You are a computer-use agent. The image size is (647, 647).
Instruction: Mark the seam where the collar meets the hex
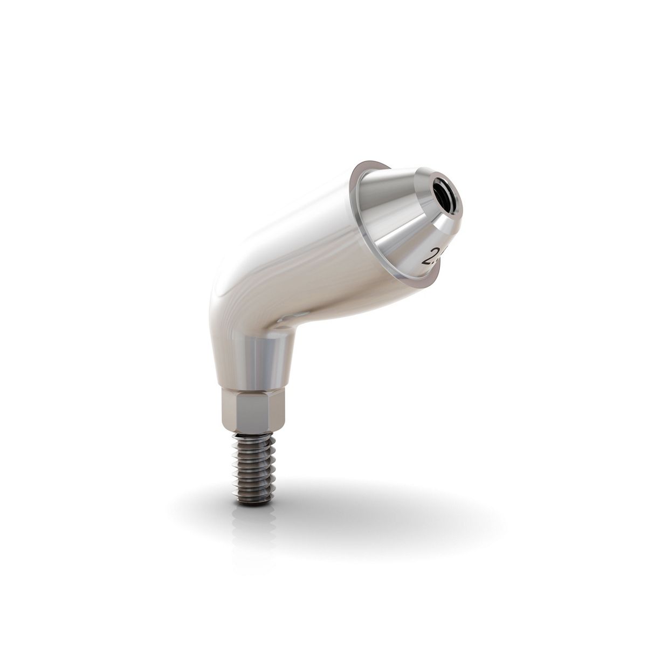coord(251,384)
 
